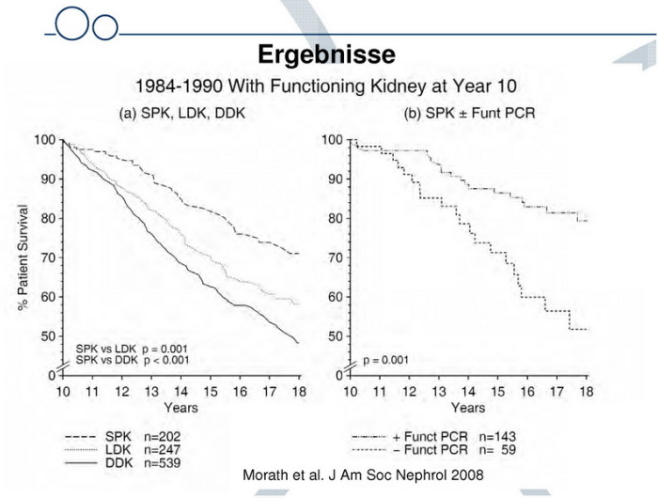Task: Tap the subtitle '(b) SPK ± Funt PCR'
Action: [469, 114]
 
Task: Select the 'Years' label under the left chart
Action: [181, 408]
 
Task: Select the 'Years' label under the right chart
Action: [468, 408]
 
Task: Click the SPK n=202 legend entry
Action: [122, 437]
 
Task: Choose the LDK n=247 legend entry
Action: [122, 450]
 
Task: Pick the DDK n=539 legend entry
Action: [122, 463]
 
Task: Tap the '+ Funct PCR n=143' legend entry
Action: [434, 437]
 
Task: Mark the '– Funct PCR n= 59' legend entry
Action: [434, 450]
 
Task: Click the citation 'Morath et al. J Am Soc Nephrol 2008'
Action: [364, 475]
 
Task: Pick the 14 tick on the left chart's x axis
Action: [182, 390]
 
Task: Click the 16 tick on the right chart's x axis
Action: [528, 390]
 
